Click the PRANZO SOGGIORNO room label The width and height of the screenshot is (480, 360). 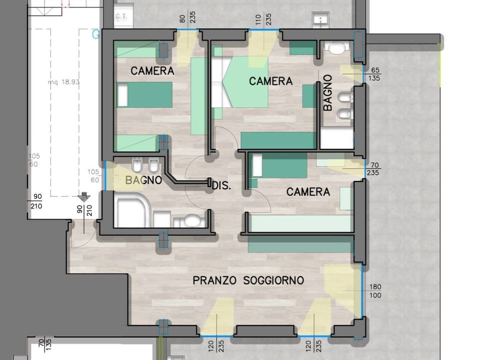click(x=248, y=280)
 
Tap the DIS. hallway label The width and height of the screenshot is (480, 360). click(x=221, y=185)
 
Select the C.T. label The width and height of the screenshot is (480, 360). click(x=121, y=16)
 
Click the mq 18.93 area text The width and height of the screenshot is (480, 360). click(x=64, y=81)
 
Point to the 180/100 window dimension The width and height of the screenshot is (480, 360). click(x=375, y=291)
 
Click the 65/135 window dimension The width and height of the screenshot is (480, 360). click(x=374, y=74)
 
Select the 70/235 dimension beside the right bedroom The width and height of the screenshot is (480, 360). click(x=373, y=169)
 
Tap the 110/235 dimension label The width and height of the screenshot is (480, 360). click(x=263, y=19)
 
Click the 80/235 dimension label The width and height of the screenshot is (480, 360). click(x=187, y=19)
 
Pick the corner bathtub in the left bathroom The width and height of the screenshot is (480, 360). click(x=132, y=209)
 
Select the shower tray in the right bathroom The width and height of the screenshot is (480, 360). click(x=336, y=138)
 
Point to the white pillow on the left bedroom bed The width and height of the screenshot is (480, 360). click(x=122, y=95)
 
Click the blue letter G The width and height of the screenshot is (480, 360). click(x=96, y=34)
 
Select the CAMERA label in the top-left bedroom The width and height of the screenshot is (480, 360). click(x=152, y=70)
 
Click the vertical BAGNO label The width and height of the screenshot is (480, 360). click(x=327, y=92)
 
